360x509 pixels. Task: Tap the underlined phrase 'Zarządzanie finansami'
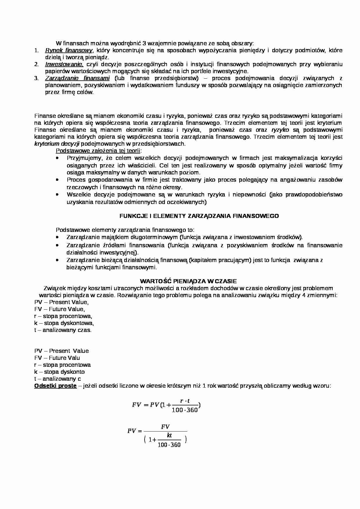(77, 78)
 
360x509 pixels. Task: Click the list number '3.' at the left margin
(36, 78)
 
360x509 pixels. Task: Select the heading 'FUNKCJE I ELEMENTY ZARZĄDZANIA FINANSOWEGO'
(199, 216)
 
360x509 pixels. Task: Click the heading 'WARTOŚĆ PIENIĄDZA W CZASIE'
(188, 281)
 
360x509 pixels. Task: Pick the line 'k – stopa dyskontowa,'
(64, 323)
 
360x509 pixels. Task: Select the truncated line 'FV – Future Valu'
(57, 358)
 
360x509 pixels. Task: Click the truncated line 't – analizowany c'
(57, 379)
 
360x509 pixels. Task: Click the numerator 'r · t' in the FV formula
(185, 401)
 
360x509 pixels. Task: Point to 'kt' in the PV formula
(169, 435)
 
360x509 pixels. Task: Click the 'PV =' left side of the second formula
(134, 431)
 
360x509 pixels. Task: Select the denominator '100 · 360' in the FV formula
(185, 410)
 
